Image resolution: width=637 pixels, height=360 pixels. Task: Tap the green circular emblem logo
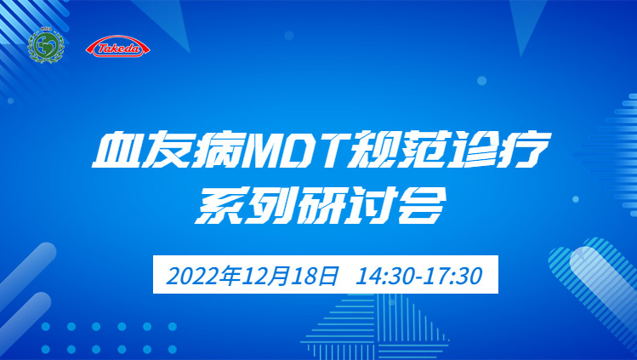(x=46, y=45)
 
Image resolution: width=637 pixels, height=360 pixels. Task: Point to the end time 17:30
(x=453, y=276)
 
